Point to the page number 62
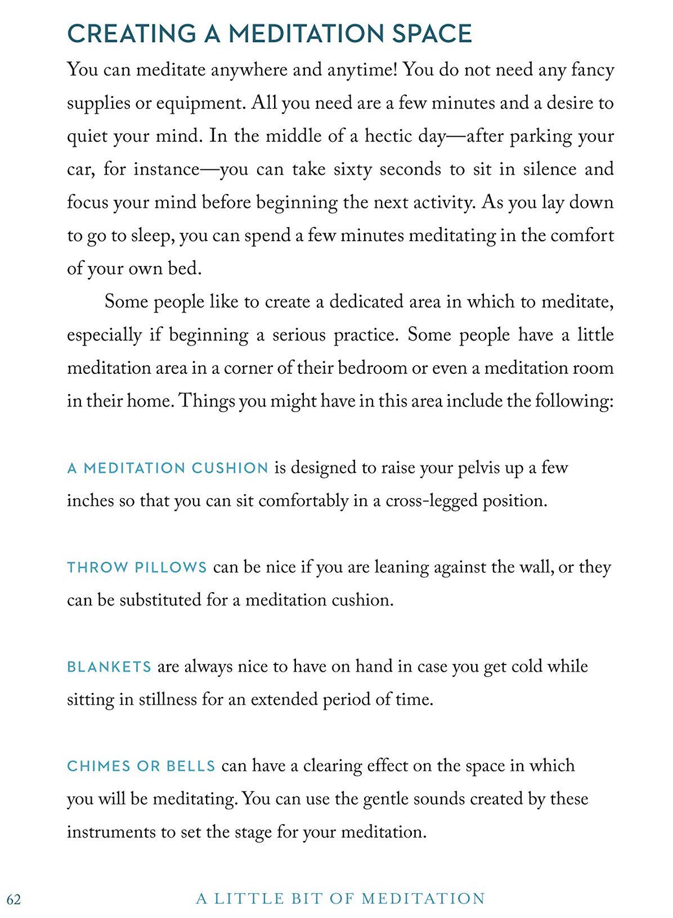(14, 899)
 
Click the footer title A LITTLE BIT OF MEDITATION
(340, 898)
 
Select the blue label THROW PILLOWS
(137, 567)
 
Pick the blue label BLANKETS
(109, 667)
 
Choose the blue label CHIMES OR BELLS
(141, 766)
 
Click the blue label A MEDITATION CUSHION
(168, 468)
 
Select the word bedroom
(364, 368)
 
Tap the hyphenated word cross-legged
(431, 501)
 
